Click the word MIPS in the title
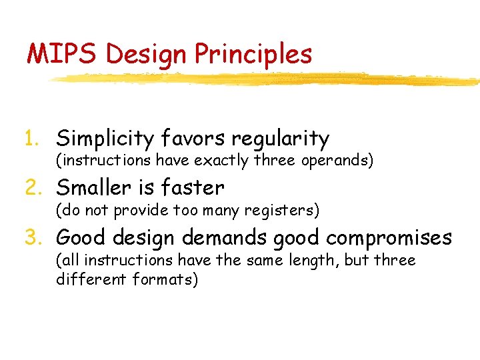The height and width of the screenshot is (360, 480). click(x=62, y=54)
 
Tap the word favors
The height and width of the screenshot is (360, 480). click(x=194, y=139)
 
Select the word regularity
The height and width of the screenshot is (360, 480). click(x=280, y=139)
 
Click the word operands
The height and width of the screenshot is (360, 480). click(x=337, y=161)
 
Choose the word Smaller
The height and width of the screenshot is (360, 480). click(x=98, y=187)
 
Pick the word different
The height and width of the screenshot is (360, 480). click(x=87, y=279)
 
